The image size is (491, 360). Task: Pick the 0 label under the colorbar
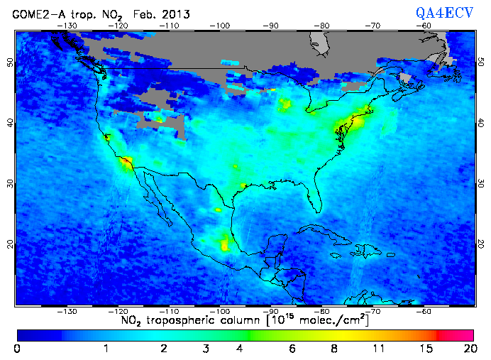17,349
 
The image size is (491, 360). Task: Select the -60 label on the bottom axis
424,311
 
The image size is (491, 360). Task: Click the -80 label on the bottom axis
323,311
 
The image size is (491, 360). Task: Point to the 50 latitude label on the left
10,62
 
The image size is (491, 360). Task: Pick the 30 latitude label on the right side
480,183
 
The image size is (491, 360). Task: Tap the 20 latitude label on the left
10,244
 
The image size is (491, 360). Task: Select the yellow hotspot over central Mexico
226,243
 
